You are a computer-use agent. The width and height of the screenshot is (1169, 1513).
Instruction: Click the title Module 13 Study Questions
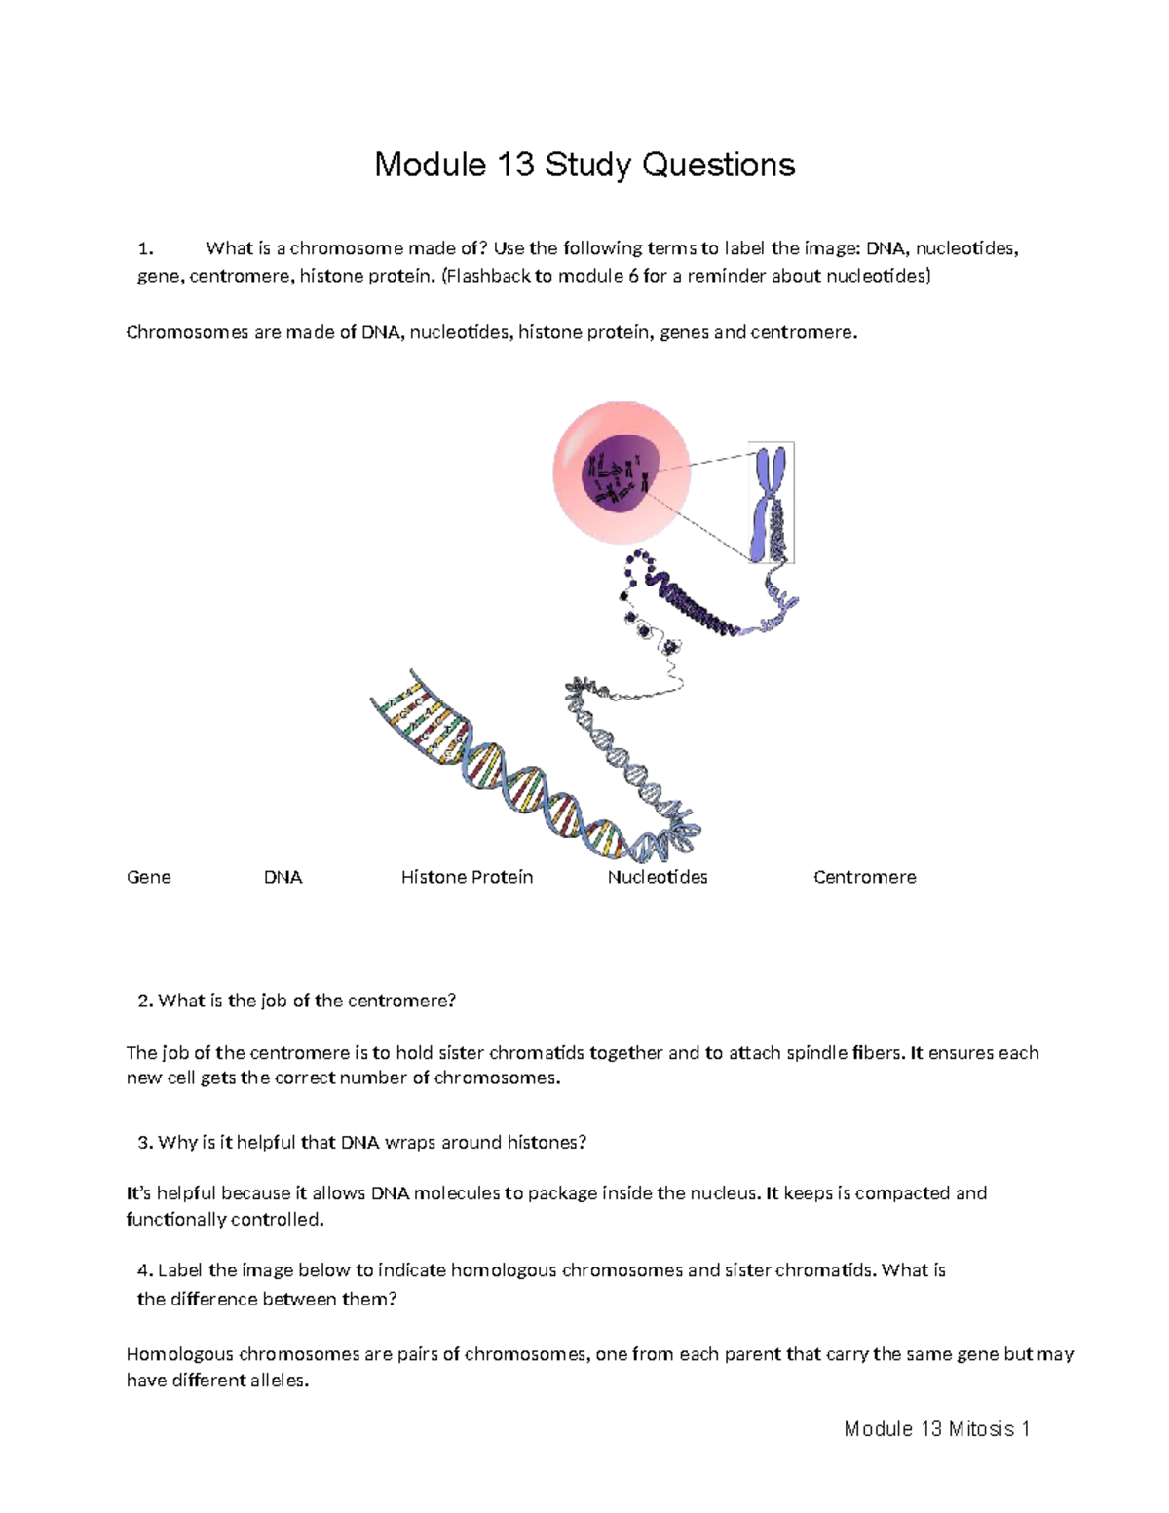point(584,165)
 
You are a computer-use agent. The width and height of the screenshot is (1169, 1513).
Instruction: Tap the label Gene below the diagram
point(148,877)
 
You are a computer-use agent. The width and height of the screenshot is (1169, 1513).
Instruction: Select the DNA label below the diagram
point(283,877)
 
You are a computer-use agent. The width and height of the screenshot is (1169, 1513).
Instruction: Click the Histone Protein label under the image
point(467,877)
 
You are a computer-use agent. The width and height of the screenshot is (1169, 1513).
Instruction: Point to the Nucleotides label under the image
point(658,877)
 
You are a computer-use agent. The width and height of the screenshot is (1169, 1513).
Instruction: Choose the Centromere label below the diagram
point(864,877)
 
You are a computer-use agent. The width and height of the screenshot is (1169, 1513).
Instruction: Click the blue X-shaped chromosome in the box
point(771,502)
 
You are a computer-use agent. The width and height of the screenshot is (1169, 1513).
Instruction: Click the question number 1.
point(146,248)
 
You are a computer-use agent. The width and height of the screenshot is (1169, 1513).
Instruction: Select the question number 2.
point(145,1001)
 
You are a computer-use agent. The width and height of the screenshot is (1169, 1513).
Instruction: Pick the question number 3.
point(145,1142)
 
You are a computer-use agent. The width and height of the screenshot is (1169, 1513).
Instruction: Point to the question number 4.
point(145,1270)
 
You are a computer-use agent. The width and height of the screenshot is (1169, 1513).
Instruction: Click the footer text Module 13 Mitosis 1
point(936,1429)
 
